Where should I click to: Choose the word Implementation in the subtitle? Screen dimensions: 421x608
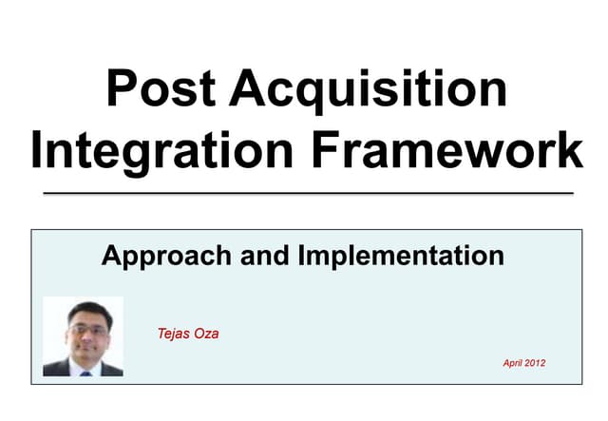pyautogui.click(x=400, y=256)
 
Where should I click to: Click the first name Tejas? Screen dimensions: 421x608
pyautogui.click(x=176, y=334)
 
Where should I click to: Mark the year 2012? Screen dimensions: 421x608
pyautogui.click(x=536, y=363)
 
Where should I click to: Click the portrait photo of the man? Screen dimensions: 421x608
pyautogui.click(x=83, y=335)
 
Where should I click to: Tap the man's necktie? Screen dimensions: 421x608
pyautogui.click(x=85, y=372)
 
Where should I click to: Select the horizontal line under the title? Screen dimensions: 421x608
pyautogui.click(x=309, y=193)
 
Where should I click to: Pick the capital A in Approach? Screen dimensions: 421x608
pyautogui.click(x=111, y=256)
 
